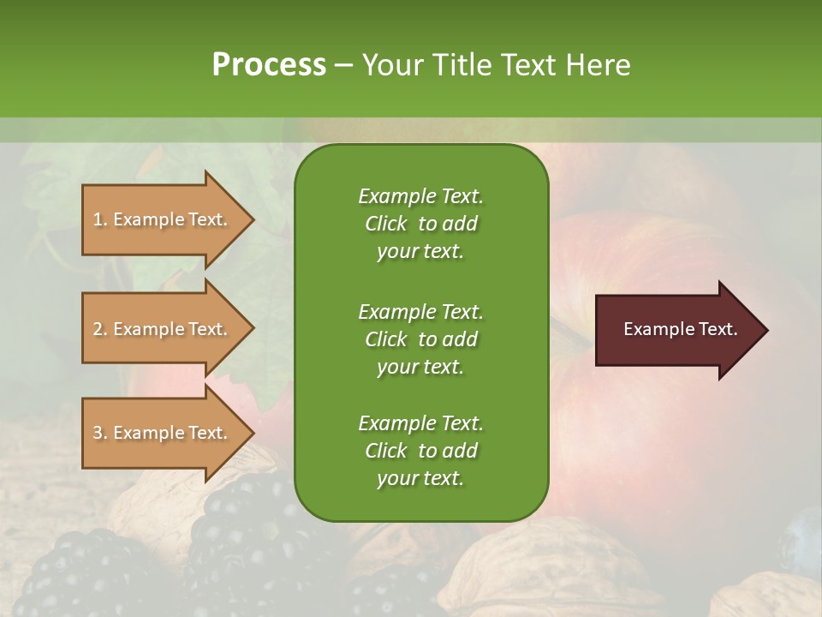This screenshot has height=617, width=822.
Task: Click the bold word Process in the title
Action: [x=269, y=65]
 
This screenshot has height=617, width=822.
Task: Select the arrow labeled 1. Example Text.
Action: [x=163, y=219]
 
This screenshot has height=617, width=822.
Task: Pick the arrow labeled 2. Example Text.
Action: [x=163, y=329]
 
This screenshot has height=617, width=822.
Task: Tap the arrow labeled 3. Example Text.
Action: [x=163, y=433]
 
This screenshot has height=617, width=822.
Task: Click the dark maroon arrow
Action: [x=676, y=330]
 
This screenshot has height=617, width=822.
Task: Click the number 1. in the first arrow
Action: [x=100, y=219]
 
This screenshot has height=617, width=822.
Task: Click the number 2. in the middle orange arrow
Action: [x=100, y=329]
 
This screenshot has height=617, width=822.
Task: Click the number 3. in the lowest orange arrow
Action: [x=100, y=433]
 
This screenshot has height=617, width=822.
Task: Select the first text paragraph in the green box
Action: [x=420, y=224]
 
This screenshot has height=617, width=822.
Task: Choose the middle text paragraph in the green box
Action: [x=420, y=338]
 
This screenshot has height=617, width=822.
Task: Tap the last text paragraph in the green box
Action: [x=420, y=451]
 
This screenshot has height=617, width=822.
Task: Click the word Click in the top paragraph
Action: [x=385, y=224]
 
